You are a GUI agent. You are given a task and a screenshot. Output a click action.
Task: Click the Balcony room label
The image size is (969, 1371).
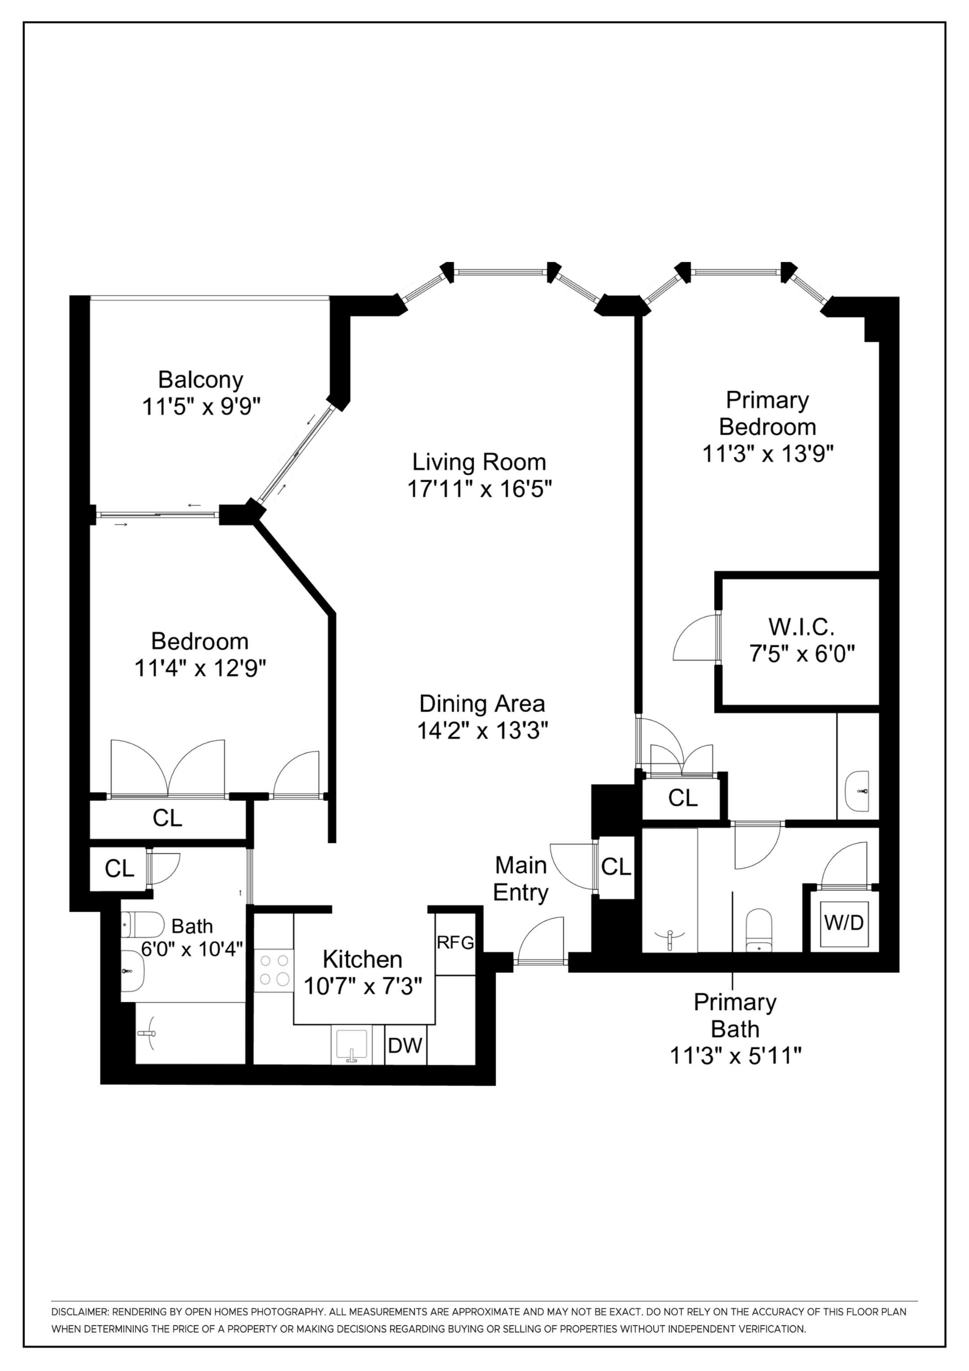click(201, 380)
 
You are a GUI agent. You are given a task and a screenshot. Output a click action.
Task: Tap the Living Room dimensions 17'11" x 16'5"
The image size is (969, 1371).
click(479, 489)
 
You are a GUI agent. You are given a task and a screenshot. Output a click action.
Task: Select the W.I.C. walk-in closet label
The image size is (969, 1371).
click(801, 627)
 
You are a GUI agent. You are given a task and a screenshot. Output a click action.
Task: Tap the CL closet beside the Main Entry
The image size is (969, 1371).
click(616, 867)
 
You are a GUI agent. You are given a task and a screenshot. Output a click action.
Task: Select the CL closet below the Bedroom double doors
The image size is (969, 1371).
click(167, 818)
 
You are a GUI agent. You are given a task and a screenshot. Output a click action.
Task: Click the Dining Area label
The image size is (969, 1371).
click(482, 703)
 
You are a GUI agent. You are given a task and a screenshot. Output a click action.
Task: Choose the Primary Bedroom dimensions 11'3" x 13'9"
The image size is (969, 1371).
click(767, 454)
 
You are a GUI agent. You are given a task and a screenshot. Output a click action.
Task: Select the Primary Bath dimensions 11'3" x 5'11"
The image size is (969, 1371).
click(735, 1056)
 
